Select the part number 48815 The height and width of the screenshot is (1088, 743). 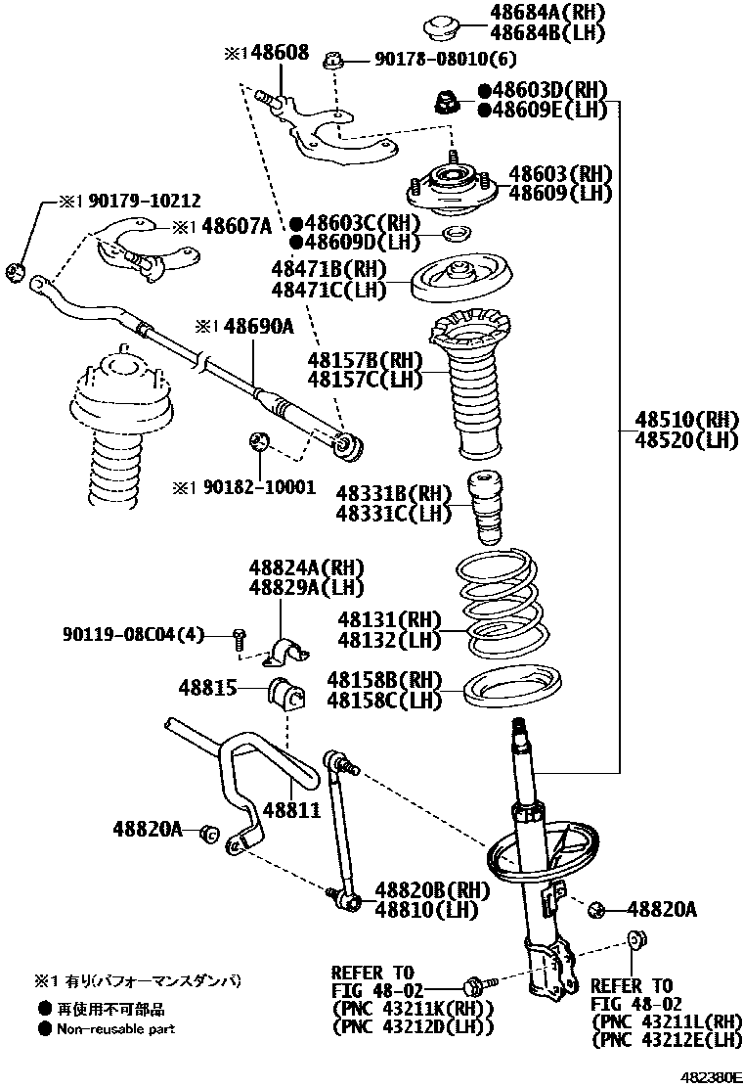(207, 688)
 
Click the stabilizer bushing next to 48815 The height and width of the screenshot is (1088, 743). (285, 694)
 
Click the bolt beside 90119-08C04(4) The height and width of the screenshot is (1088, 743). (238, 640)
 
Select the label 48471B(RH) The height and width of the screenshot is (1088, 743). (328, 269)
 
